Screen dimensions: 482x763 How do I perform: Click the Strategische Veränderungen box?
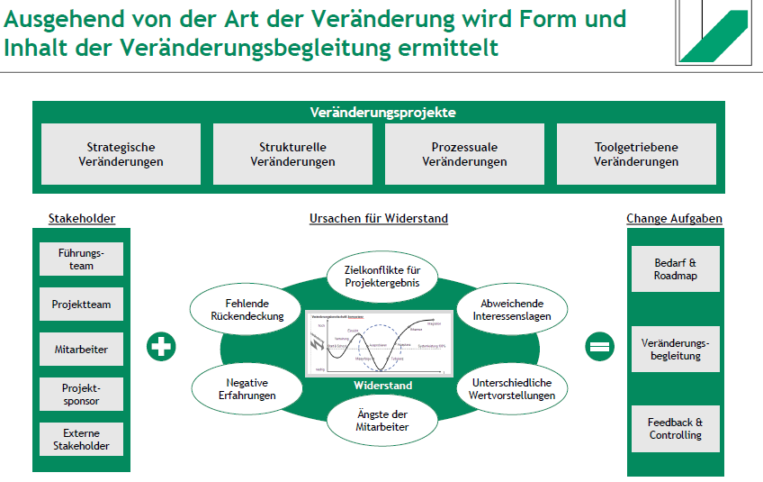point(121,154)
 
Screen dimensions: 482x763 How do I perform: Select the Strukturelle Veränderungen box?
point(292,154)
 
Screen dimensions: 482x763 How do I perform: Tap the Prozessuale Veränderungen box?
point(464,154)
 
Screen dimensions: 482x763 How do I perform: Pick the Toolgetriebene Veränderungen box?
point(636,154)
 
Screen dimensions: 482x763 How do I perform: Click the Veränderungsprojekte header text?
point(382,113)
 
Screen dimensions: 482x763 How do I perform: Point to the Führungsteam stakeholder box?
point(81,259)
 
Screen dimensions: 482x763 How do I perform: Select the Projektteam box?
point(81,305)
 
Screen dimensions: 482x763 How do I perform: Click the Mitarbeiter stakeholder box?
point(81,349)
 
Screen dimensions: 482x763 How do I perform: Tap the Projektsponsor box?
point(81,394)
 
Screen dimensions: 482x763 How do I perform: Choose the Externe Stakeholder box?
point(81,439)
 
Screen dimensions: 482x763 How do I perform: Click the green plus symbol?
point(161,347)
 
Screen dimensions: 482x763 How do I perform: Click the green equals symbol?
point(599,347)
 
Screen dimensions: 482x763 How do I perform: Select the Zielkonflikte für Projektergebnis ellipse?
point(382,276)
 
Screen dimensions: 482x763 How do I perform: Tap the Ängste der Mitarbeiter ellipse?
point(382,419)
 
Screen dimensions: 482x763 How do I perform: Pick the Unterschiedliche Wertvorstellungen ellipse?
point(512,388)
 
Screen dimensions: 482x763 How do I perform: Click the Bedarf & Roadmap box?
point(675,269)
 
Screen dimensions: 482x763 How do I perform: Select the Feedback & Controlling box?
point(675,428)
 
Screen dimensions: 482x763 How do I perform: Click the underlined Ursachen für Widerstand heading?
point(379,219)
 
